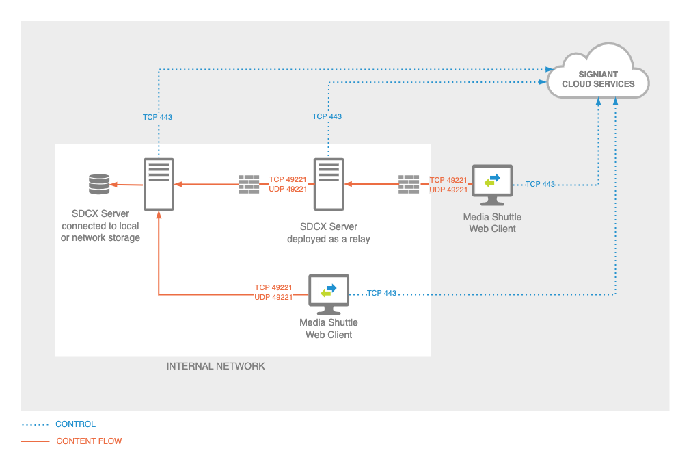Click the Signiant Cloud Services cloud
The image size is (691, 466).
pyautogui.click(x=598, y=76)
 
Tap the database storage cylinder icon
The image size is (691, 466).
pyautogui.click(x=99, y=184)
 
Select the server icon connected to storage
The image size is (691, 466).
pyautogui.click(x=159, y=183)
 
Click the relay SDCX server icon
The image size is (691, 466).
pyautogui.click(x=328, y=183)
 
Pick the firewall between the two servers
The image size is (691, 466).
pyautogui.click(x=249, y=184)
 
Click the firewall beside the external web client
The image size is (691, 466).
pyautogui.click(x=409, y=184)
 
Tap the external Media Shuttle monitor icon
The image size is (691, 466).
pyautogui.click(x=492, y=184)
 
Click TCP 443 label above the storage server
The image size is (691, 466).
pyautogui.click(x=157, y=117)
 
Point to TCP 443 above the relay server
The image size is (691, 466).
pyautogui.click(x=327, y=116)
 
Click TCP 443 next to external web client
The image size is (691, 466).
pyautogui.click(x=540, y=185)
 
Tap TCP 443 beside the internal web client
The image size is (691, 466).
pyautogui.click(x=381, y=293)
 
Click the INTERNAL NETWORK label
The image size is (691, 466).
pyautogui.click(x=215, y=366)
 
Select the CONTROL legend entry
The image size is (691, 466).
pyautogui.click(x=75, y=424)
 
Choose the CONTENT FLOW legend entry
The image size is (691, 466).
pyautogui.click(x=89, y=441)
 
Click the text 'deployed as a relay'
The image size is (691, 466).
pyautogui.click(x=329, y=239)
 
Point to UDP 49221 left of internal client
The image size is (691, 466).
pyautogui.click(x=273, y=298)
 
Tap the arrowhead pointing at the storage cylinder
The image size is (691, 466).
pyautogui.click(x=113, y=184)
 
